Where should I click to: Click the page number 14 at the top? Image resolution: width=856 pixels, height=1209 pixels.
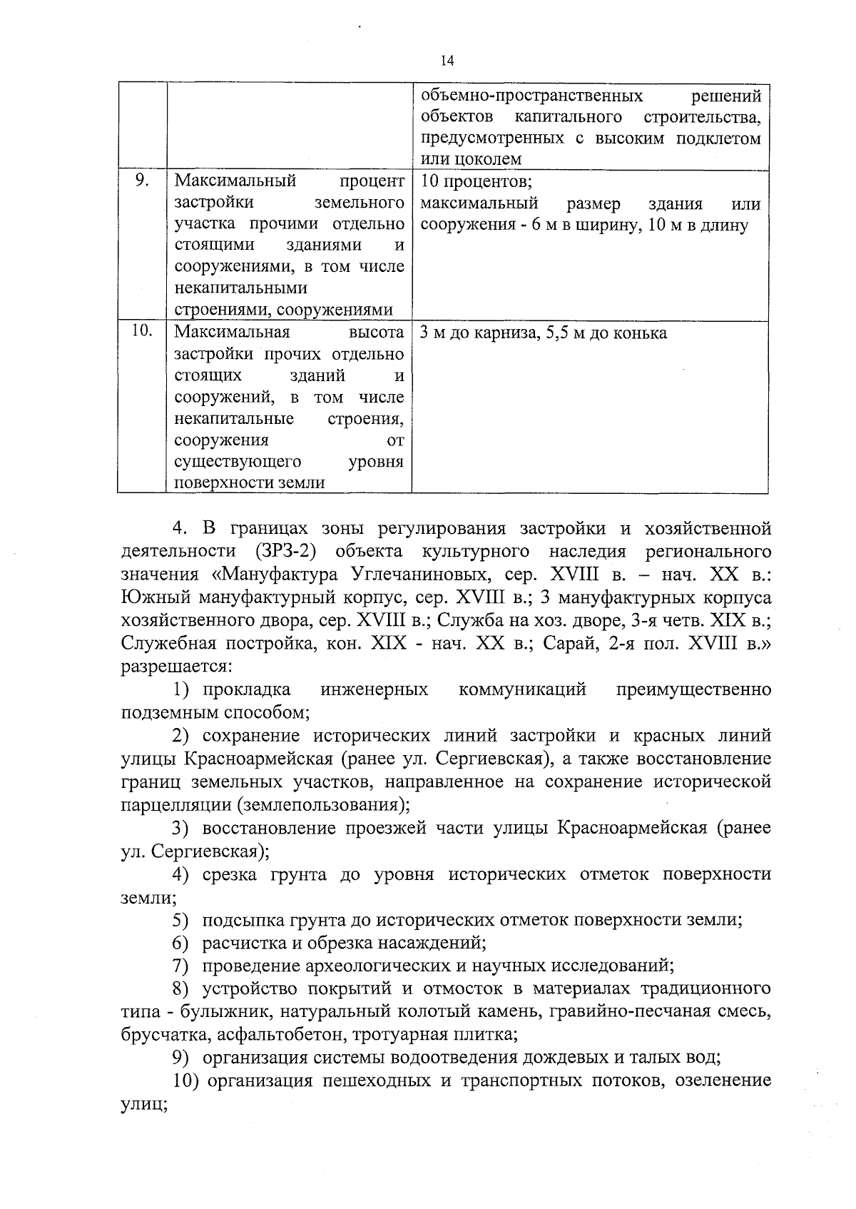(x=447, y=61)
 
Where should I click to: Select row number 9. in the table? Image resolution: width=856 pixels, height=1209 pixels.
(x=141, y=181)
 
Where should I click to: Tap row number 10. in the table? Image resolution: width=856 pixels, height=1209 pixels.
(x=143, y=331)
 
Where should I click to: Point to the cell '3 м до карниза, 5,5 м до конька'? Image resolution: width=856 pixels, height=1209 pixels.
(x=544, y=333)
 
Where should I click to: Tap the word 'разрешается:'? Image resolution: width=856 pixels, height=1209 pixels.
(x=175, y=667)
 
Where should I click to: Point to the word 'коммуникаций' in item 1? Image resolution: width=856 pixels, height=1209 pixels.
(x=522, y=689)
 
